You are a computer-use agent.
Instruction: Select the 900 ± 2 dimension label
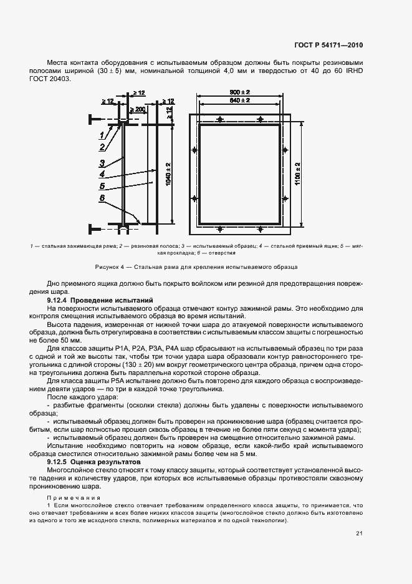(x=239, y=92)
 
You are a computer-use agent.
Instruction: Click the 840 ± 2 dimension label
(x=239, y=100)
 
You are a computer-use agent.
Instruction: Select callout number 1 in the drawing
(x=100, y=135)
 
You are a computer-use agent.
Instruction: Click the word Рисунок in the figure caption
(x=107, y=267)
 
